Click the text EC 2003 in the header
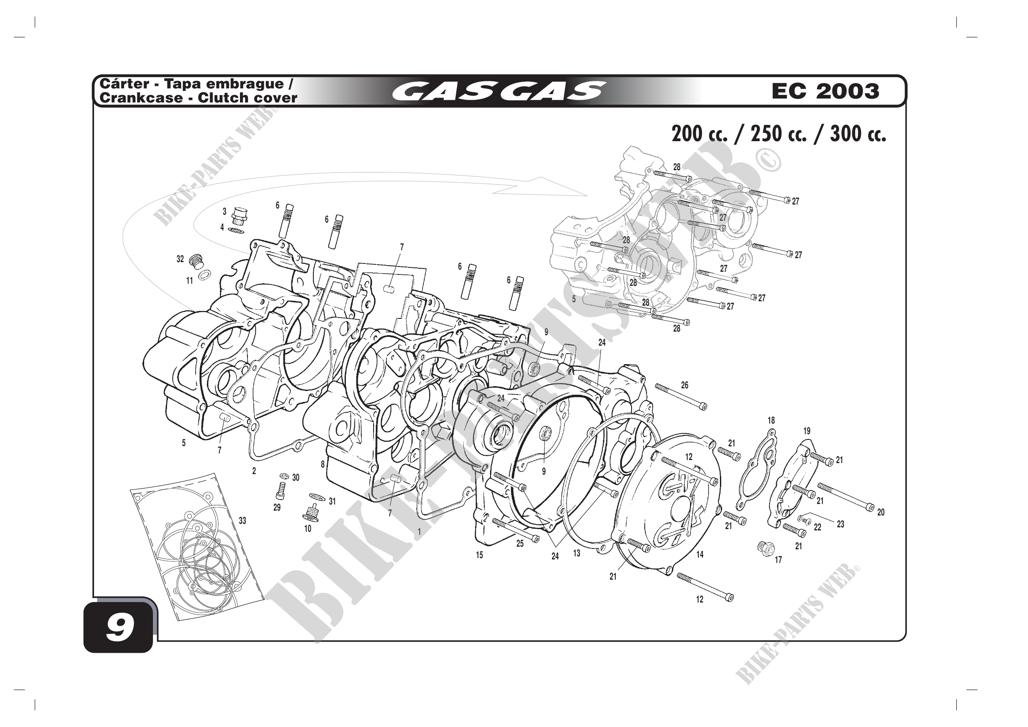tap(825, 91)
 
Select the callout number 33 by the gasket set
tap(242, 520)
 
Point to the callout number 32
tap(180, 259)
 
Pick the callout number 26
tap(685, 385)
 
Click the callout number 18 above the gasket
tap(771, 420)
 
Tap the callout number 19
tap(807, 431)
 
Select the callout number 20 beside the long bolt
tap(881, 512)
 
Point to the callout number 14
tap(700, 555)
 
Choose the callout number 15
tap(479, 555)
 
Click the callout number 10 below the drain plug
tap(308, 529)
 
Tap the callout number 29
tap(277, 508)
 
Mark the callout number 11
tap(190, 281)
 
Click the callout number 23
tap(840, 524)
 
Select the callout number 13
tap(577, 554)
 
